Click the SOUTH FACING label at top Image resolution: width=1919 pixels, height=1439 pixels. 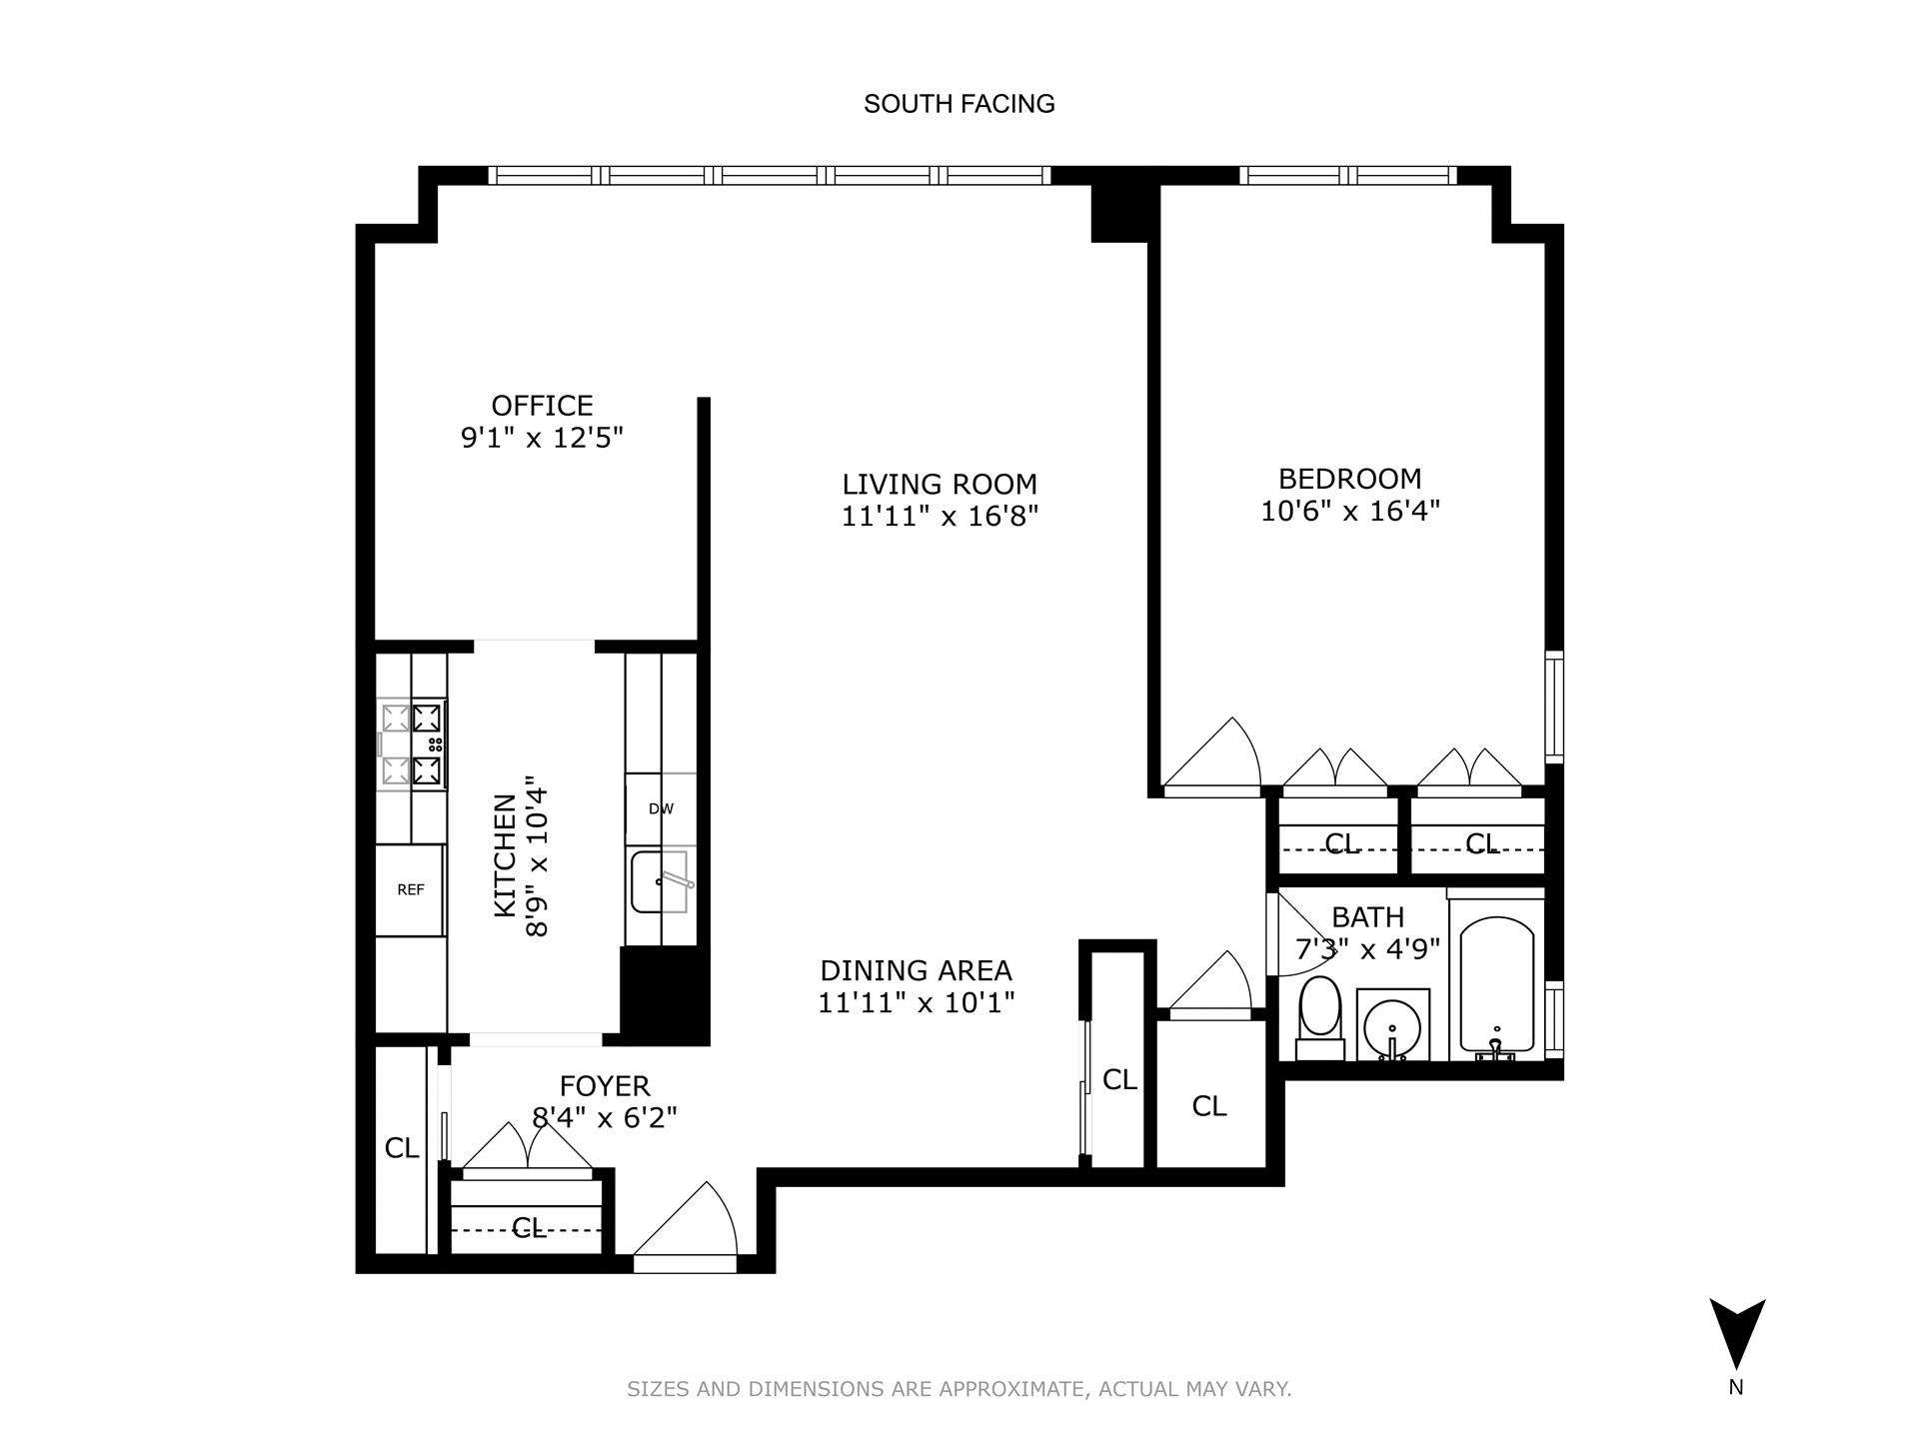959,104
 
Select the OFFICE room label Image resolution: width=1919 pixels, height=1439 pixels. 542,406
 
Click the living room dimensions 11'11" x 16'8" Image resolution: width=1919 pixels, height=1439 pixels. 940,517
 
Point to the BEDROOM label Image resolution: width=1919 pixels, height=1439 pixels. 1349,479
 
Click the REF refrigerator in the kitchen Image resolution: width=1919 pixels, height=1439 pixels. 410,889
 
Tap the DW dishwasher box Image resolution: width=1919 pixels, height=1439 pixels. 661,808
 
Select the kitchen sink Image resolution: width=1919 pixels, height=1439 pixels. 659,880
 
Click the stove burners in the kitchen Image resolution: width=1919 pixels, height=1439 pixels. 413,743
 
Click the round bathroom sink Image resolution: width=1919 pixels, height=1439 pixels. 1392,1024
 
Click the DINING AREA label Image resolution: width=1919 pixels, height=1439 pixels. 916,970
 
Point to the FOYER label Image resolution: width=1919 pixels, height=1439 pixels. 605,1086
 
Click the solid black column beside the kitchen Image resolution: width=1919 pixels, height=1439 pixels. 664,995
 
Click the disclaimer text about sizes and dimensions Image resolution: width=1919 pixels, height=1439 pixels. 959,1389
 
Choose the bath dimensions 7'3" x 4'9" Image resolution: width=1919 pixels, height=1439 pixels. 1366,948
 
